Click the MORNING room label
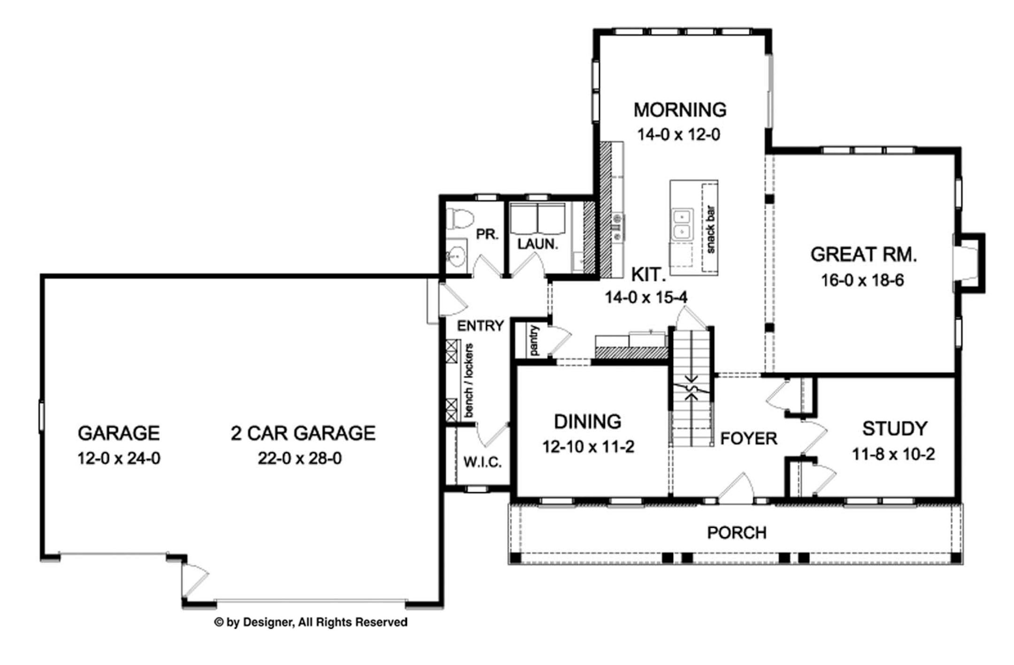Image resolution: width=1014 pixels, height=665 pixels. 680,110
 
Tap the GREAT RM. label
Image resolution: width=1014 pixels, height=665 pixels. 863,255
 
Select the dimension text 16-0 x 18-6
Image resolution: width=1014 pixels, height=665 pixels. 862,280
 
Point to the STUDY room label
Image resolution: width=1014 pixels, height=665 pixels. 895,428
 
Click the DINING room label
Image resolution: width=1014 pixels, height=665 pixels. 588,422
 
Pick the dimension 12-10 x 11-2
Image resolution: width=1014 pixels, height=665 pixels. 588,447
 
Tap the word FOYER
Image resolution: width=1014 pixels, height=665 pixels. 749,439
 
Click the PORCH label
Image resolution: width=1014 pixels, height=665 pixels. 737,533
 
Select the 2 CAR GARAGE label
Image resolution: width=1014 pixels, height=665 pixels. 303,433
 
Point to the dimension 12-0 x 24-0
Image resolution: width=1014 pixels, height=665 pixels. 119,458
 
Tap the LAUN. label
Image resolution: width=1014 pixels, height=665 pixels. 538,244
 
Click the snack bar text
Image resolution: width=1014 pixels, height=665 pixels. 710,229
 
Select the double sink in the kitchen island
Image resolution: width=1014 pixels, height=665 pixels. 682,224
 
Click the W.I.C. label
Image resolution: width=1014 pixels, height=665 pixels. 483,462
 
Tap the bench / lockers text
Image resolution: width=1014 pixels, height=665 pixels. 468,380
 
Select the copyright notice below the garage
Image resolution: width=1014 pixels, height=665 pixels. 311,622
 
